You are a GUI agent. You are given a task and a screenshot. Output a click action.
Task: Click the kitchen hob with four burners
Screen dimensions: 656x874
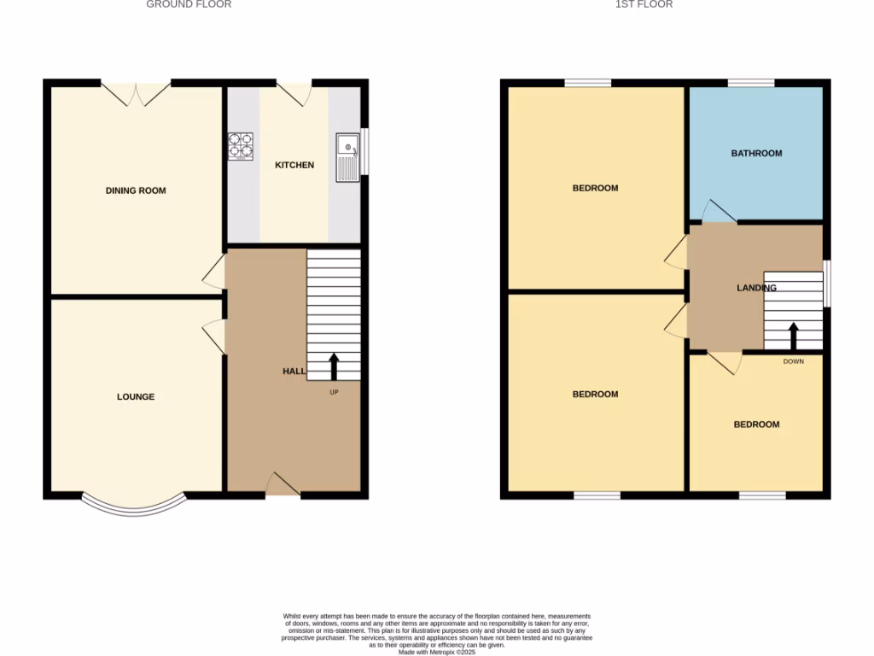241,146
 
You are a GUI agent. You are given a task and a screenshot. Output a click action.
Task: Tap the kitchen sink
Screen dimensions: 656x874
347,156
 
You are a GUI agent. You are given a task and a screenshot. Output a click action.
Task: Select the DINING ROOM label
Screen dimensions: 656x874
136,190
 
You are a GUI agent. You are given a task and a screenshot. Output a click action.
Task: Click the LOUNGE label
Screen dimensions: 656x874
136,396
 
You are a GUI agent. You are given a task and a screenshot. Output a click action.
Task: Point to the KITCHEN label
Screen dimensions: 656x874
294,165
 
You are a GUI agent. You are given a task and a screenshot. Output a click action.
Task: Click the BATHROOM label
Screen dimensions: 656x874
756,154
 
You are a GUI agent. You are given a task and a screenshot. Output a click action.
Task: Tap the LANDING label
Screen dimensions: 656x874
756,288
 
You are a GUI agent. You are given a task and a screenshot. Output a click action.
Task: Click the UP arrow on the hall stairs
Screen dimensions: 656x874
333,366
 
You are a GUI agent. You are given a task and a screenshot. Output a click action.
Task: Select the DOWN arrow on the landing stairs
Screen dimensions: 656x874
793,337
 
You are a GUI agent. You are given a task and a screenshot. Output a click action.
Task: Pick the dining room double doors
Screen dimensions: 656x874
136,92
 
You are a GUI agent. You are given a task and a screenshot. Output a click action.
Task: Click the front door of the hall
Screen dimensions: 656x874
283,485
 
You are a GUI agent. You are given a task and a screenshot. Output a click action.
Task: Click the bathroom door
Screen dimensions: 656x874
716,212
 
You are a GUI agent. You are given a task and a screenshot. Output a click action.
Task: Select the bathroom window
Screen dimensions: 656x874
750,83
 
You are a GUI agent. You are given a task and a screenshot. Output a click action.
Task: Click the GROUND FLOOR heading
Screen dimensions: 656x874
189,4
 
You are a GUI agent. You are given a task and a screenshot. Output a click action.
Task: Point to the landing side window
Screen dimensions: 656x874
826,283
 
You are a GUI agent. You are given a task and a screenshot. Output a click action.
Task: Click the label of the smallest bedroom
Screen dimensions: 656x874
756,425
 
